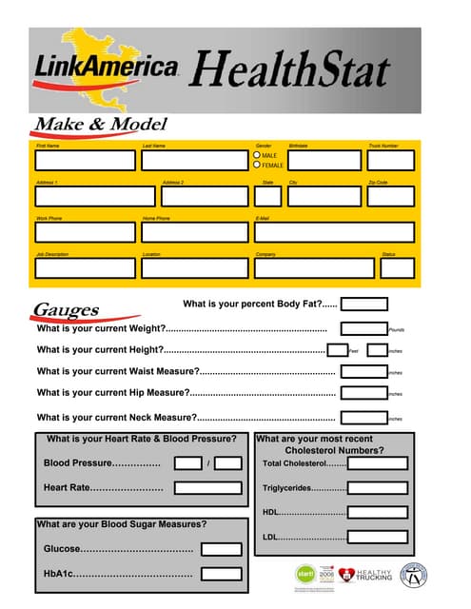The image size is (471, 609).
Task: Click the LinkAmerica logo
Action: (x=105, y=67)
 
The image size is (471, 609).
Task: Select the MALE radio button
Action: (x=257, y=154)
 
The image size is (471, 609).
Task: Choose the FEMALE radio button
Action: (x=257, y=165)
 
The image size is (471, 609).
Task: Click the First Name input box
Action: (x=86, y=160)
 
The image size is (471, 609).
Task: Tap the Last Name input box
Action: (x=193, y=160)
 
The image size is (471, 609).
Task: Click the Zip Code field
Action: (x=390, y=195)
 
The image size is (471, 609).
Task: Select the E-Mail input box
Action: (x=334, y=232)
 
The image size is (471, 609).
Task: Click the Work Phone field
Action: (x=86, y=232)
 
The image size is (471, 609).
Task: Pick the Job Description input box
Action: (x=86, y=268)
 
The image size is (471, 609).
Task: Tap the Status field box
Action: (x=397, y=268)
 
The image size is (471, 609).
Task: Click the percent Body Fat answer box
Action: (x=364, y=304)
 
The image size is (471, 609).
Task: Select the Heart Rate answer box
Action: (x=208, y=488)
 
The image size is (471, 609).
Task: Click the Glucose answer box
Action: (x=221, y=549)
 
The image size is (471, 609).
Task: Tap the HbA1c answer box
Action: (x=221, y=575)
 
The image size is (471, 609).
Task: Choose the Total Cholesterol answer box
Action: (x=378, y=463)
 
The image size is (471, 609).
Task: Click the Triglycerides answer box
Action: (x=378, y=488)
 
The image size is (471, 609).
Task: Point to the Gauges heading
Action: (x=67, y=310)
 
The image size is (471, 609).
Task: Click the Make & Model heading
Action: (x=101, y=125)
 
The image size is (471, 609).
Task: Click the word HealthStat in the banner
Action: (x=291, y=69)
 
